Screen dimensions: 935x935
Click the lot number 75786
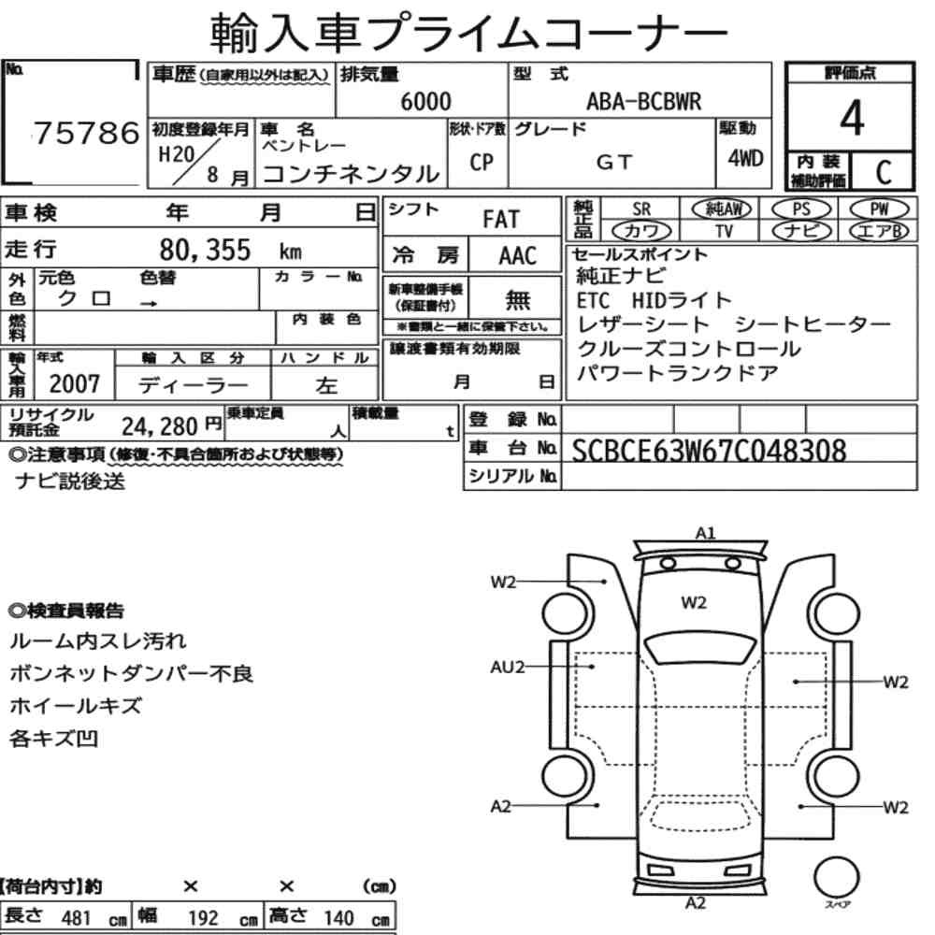86,133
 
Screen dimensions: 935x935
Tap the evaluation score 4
852,118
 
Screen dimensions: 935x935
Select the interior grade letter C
884,172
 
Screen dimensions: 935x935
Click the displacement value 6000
425,101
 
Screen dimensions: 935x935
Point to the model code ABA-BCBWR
644,101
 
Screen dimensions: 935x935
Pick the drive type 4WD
745,158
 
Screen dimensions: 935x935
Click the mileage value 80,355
205,250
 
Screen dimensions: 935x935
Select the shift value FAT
501,219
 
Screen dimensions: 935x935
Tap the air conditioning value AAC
517,255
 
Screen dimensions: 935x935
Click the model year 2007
75,383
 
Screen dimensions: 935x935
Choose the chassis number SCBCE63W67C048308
709,451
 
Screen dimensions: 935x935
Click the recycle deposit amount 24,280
160,426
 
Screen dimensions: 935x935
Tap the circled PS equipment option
801,209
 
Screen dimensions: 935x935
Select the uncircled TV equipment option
724,231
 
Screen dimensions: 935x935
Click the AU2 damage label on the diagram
507,667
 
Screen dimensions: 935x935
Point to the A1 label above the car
705,533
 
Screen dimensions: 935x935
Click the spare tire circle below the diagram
836,876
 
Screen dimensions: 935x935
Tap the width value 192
203,918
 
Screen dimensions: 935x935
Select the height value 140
338,918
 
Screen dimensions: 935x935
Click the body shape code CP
482,162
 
